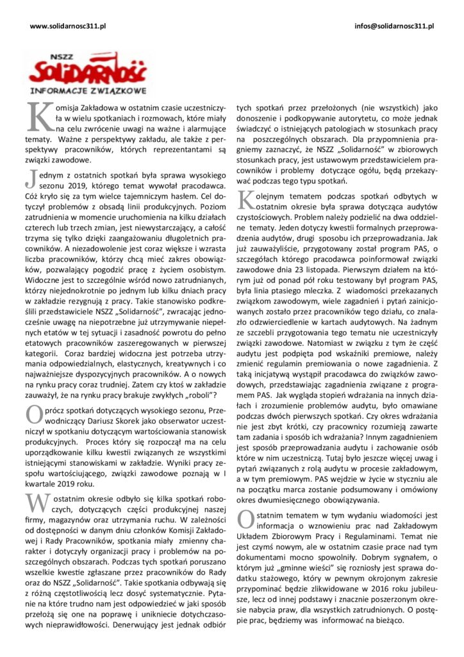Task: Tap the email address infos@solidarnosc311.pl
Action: [394, 26]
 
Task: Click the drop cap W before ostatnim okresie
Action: [37, 486]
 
